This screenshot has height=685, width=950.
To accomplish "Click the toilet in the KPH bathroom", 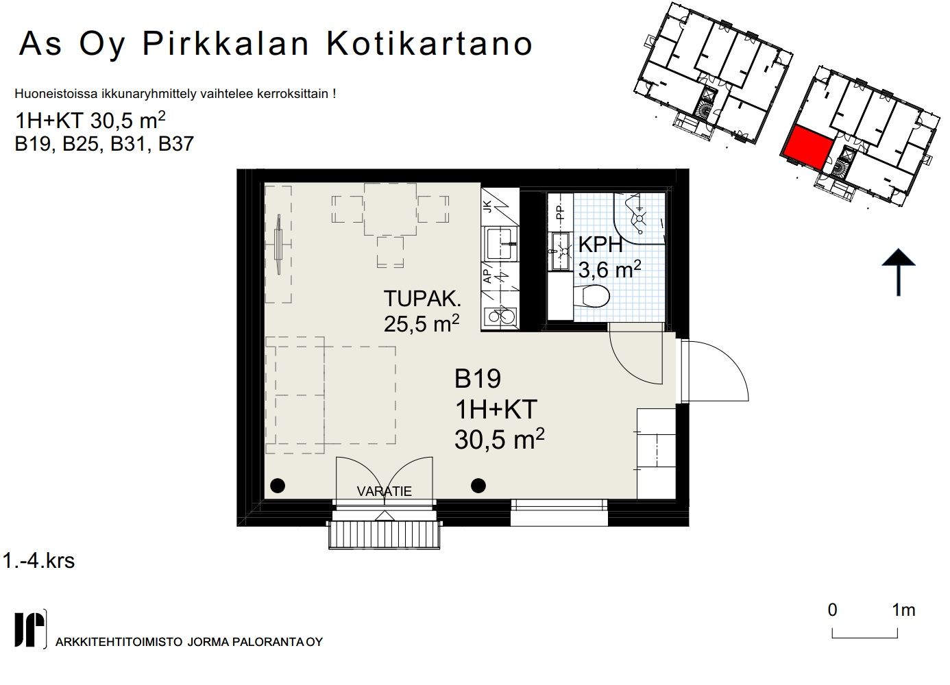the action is (592, 296).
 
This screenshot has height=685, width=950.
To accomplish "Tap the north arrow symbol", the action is (899, 272).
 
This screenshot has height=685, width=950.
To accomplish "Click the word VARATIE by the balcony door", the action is (385, 491).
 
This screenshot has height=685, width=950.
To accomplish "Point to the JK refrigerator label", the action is (488, 206).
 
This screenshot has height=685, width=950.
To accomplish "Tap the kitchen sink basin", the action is (500, 244).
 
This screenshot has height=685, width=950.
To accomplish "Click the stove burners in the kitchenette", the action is (501, 316).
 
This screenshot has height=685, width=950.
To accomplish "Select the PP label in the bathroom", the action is (561, 212).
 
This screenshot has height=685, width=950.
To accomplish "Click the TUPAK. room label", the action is (422, 299).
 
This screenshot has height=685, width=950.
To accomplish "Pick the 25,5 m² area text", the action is (422, 324).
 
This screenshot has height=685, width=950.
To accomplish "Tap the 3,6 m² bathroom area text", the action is (610, 269).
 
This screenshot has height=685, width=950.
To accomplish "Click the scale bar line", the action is (865, 637).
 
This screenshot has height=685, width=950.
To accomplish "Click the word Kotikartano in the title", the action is (430, 44).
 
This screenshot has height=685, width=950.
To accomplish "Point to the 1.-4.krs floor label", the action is (38, 561).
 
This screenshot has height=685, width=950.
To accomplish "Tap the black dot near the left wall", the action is (278, 486).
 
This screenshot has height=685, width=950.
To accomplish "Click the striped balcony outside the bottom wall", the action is (385, 535).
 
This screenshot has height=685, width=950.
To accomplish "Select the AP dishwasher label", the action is (488, 275).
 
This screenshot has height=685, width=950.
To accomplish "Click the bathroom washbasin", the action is (560, 251).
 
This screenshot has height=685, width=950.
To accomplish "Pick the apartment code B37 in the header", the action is (176, 144).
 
